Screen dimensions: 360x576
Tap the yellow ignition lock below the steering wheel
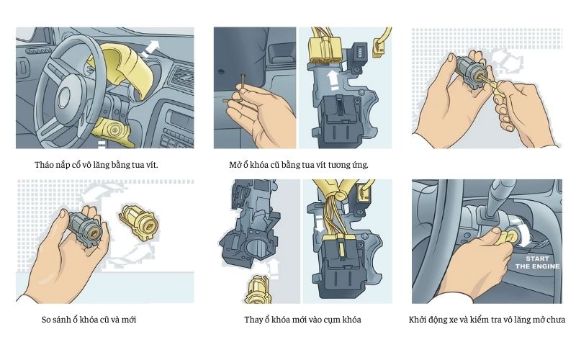pyautogui.click(x=114, y=130)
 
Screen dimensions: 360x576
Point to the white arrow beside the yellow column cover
pyautogui.click(x=151, y=49)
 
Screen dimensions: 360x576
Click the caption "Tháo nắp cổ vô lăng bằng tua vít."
pyautogui.click(x=96, y=165)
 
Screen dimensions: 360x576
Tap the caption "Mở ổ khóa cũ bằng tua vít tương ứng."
pyautogui.click(x=299, y=165)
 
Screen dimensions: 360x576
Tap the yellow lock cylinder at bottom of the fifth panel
pyautogui.click(x=256, y=288)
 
